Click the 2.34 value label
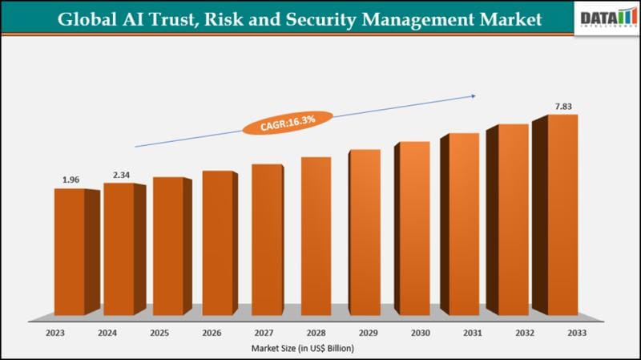[121, 174]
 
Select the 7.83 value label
[565, 106]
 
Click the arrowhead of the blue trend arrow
[473, 96]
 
